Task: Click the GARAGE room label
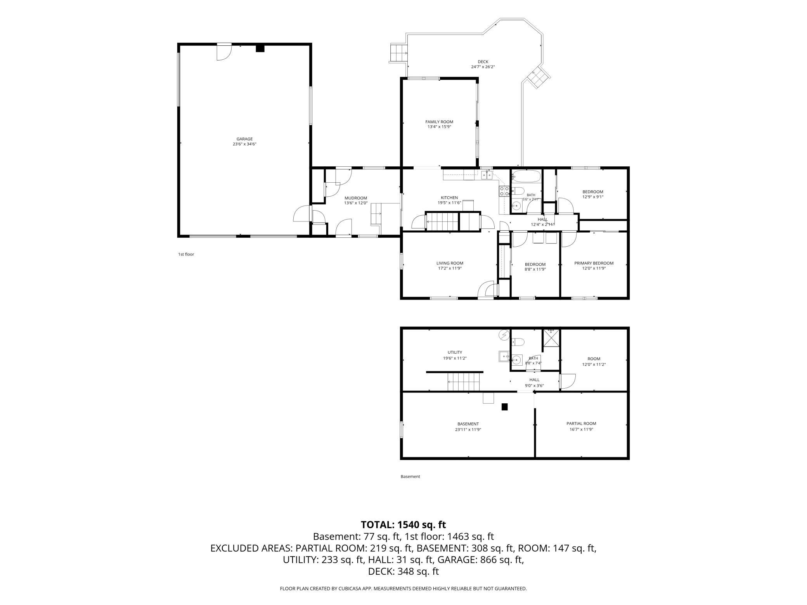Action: click(x=245, y=139)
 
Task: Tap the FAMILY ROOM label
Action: click(x=439, y=122)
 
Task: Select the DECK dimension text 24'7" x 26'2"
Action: click(x=483, y=67)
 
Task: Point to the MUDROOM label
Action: click(x=356, y=198)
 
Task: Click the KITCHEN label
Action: click(x=449, y=197)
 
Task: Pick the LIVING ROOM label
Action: click(x=450, y=263)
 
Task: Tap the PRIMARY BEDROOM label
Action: click(x=594, y=263)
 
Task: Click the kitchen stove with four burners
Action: click(x=504, y=191)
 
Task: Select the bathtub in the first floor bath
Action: click(x=526, y=177)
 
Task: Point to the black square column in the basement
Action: click(x=505, y=407)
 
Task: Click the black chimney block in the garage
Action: click(x=260, y=48)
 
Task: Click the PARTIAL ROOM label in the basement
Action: click(x=581, y=423)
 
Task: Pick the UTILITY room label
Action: click(x=455, y=353)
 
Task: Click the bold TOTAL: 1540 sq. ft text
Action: click(x=403, y=525)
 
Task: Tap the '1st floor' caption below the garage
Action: click(x=186, y=254)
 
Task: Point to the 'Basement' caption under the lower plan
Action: click(x=410, y=477)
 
